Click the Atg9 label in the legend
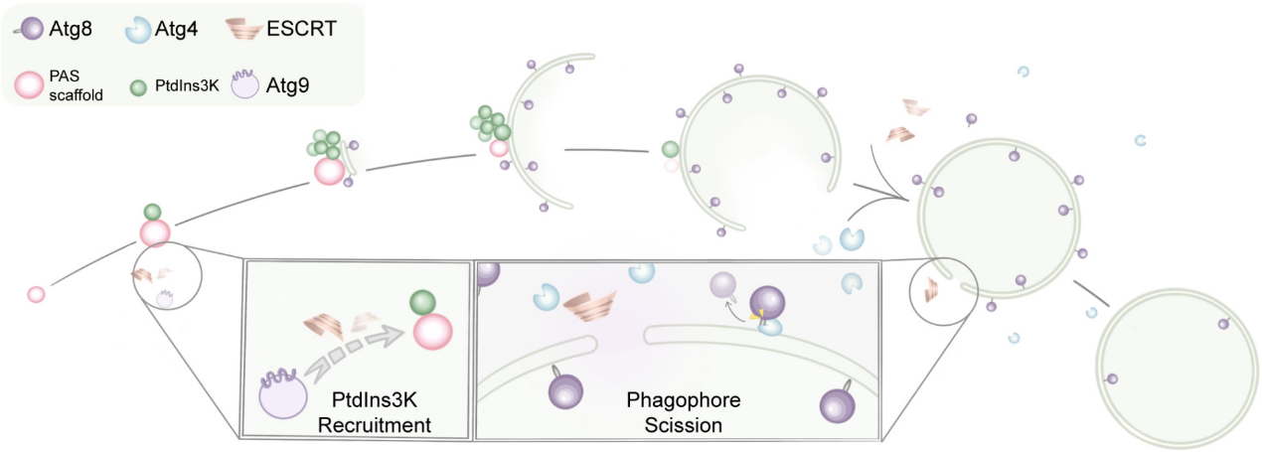pyautogui.click(x=287, y=85)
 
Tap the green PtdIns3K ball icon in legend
pyautogui.click(x=139, y=85)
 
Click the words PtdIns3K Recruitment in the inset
pyautogui.click(x=382, y=412)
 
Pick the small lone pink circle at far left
pyautogui.click(x=36, y=294)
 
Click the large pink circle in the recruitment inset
pyautogui.click(x=433, y=332)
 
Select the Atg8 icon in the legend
pyautogui.click(x=29, y=29)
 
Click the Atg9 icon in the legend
pyautogui.click(x=244, y=85)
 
